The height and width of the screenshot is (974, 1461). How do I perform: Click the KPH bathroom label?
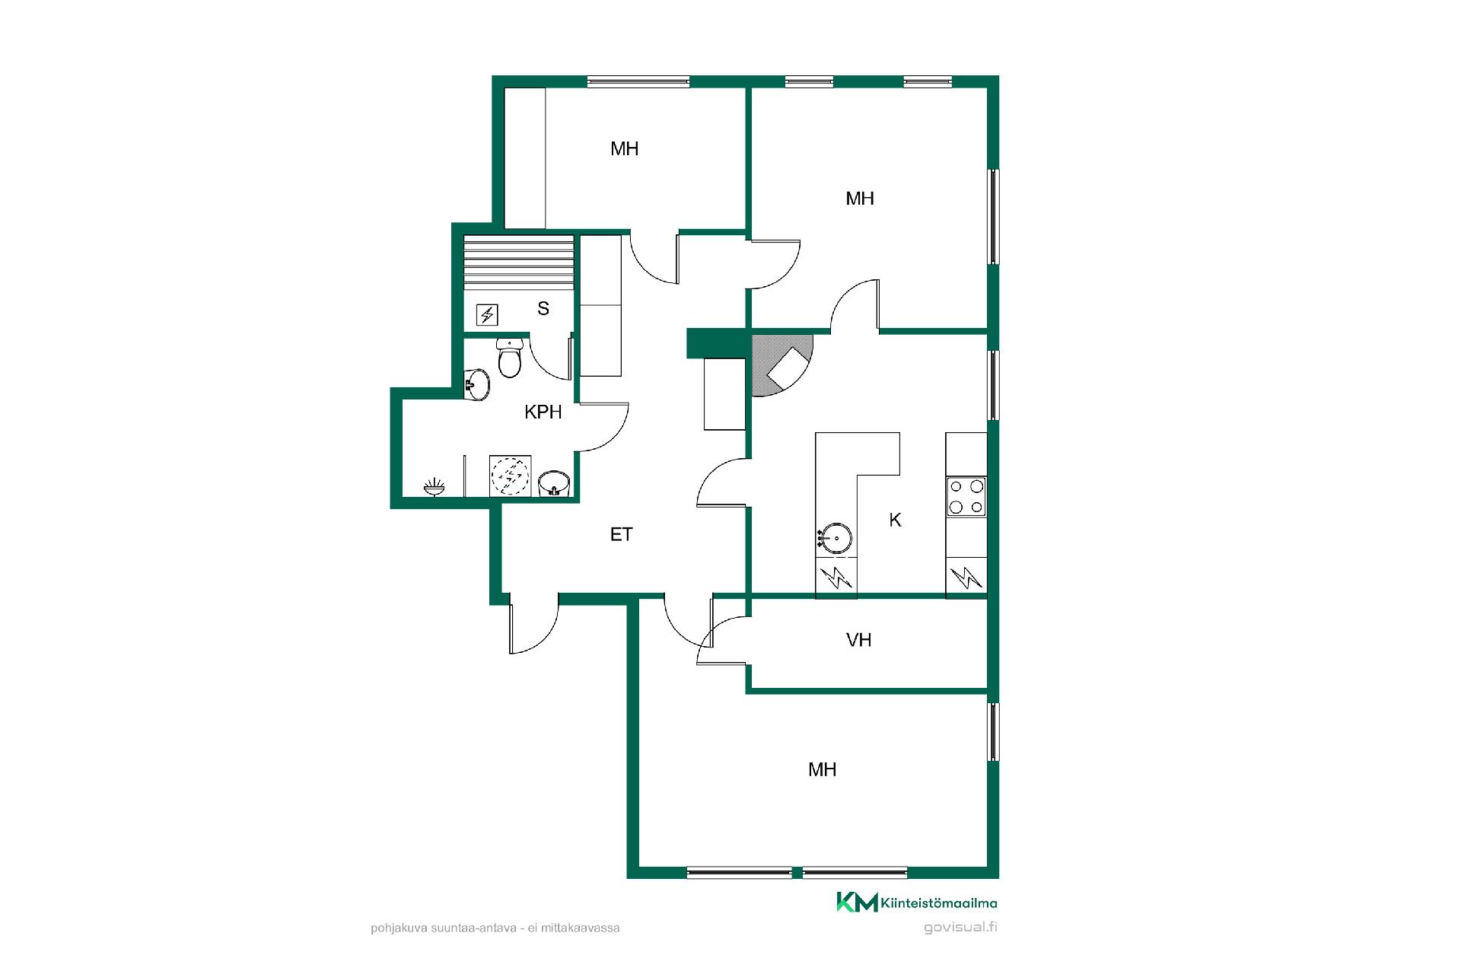[543, 412]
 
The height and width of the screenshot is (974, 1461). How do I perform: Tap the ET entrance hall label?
[622, 535]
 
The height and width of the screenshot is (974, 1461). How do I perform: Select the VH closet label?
[858, 640]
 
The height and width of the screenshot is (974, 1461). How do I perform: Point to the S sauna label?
[543, 308]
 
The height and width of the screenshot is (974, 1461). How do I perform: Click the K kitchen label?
[896, 520]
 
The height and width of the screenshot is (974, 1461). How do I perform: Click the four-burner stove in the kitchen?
[966, 496]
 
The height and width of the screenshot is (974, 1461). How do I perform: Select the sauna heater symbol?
[487, 314]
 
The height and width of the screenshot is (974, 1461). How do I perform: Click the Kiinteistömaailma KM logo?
[917, 902]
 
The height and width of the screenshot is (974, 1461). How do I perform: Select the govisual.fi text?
[960, 928]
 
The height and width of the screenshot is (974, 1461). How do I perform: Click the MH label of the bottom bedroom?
[823, 770]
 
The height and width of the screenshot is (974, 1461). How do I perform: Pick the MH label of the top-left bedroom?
[625, 149]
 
